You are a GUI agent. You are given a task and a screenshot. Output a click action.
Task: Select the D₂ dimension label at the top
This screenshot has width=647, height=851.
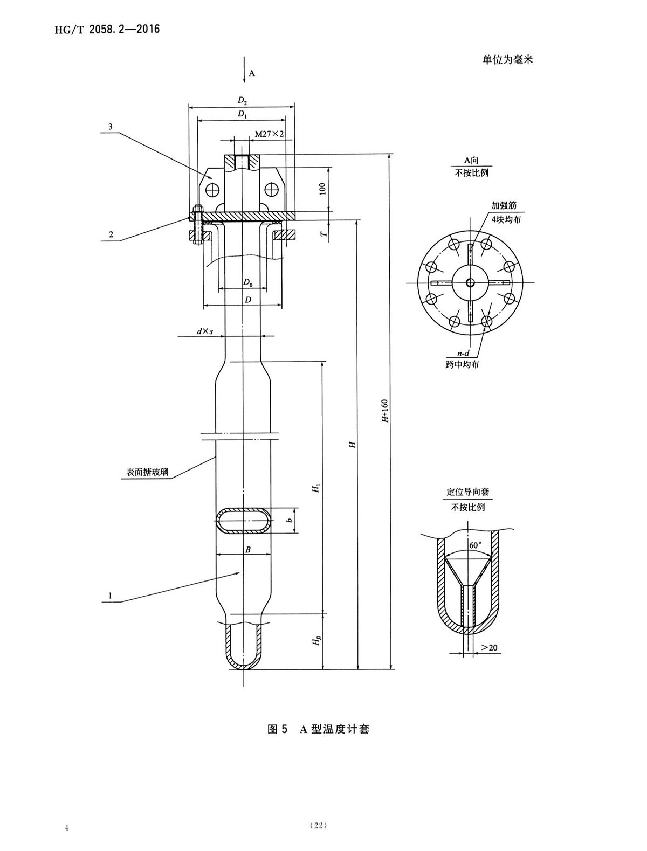click(x=242, y=100)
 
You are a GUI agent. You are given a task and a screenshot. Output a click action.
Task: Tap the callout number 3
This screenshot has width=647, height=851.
click(x=110, y=127)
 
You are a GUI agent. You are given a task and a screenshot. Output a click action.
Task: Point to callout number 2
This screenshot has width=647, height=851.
click(x=111, y=234)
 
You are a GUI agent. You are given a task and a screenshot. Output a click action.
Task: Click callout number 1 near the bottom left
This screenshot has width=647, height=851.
click(x=109, y=596)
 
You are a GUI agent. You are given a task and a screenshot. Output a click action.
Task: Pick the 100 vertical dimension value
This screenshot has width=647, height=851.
click(x=322, y=189)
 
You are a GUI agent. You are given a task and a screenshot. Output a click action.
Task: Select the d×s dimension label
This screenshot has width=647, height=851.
click(x=204, y=331)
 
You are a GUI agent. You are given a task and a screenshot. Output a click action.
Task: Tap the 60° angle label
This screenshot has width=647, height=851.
click(x=474, y=545)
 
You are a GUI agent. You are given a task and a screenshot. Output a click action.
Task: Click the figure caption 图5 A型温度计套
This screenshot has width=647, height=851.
click(x=318, y=729)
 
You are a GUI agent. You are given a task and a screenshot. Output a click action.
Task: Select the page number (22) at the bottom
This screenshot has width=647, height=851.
click(x=318, y=825)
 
